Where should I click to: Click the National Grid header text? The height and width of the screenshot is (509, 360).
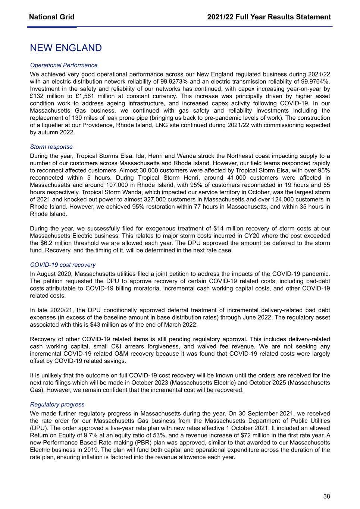tap(51, 17)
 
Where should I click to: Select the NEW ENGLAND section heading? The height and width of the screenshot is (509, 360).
tap(66, 48)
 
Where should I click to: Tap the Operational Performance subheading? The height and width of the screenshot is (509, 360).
tap(63, 65)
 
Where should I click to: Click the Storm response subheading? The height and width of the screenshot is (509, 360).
tap(51, 147)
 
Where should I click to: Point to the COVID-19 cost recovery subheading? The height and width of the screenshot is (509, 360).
tap(63, 265)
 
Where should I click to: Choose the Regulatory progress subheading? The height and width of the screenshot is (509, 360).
tap(57, 405)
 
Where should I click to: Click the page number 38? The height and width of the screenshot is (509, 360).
tap(326, 496)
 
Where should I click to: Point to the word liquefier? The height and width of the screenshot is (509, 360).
tap(50, 125)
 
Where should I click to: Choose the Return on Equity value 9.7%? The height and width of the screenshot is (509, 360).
tap(87, 435)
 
